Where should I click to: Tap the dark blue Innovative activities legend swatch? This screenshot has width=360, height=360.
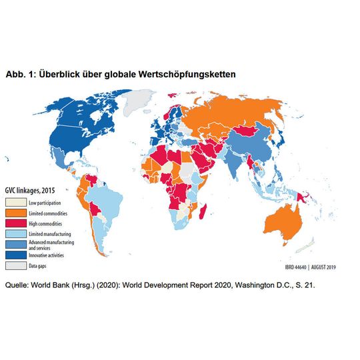pyautogui.click(x=15, y=254)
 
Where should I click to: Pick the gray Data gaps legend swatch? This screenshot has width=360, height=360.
pyautogui.click(x=15, y=265)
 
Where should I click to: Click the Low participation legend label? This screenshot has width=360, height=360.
pyautogui.click(x=45, y=201)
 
